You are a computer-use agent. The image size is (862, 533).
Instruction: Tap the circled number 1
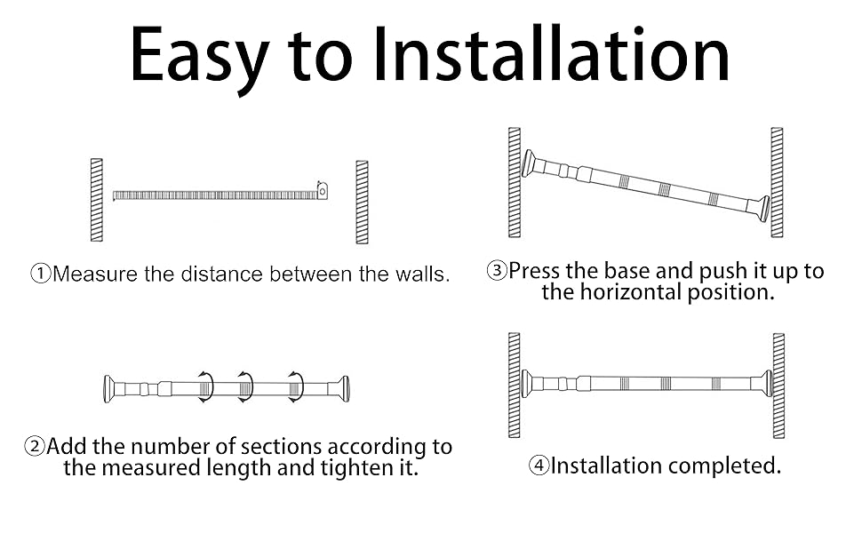point(41,273)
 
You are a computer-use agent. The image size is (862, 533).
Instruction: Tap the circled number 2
point(35,446)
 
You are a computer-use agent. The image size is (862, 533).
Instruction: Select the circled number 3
point(497,270)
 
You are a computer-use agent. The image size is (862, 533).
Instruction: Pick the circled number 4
point(539,465)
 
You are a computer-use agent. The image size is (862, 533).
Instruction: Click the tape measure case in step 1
point(323,190)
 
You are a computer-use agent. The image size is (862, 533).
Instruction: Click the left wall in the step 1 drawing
point(96,200)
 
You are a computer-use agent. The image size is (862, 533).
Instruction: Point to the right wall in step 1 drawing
point(362,202)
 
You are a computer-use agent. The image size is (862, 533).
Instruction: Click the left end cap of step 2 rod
point(108,389)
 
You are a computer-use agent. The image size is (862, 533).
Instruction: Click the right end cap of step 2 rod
point(344,389)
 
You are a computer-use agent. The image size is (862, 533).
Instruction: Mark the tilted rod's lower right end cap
point(763,208)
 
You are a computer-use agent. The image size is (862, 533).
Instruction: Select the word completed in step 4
point(724,466)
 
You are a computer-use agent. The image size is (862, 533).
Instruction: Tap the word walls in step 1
point(423,274)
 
